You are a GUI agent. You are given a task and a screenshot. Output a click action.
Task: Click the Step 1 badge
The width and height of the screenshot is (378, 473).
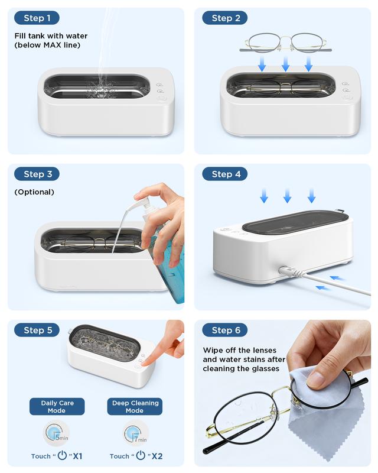[x=37, y=18]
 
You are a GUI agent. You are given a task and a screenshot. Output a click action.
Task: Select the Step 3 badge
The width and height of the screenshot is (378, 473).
[x=37, y=174]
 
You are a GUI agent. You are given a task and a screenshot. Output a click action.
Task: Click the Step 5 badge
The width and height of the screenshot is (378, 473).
[x=37, y=330]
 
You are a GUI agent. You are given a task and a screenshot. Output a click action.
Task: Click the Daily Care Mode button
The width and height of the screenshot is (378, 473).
[x=57, y=407]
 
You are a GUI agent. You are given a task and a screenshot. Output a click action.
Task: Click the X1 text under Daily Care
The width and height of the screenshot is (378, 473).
[x=77, y=456]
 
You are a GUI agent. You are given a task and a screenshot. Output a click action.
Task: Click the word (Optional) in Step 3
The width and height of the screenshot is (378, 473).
[x=34, y=192]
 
